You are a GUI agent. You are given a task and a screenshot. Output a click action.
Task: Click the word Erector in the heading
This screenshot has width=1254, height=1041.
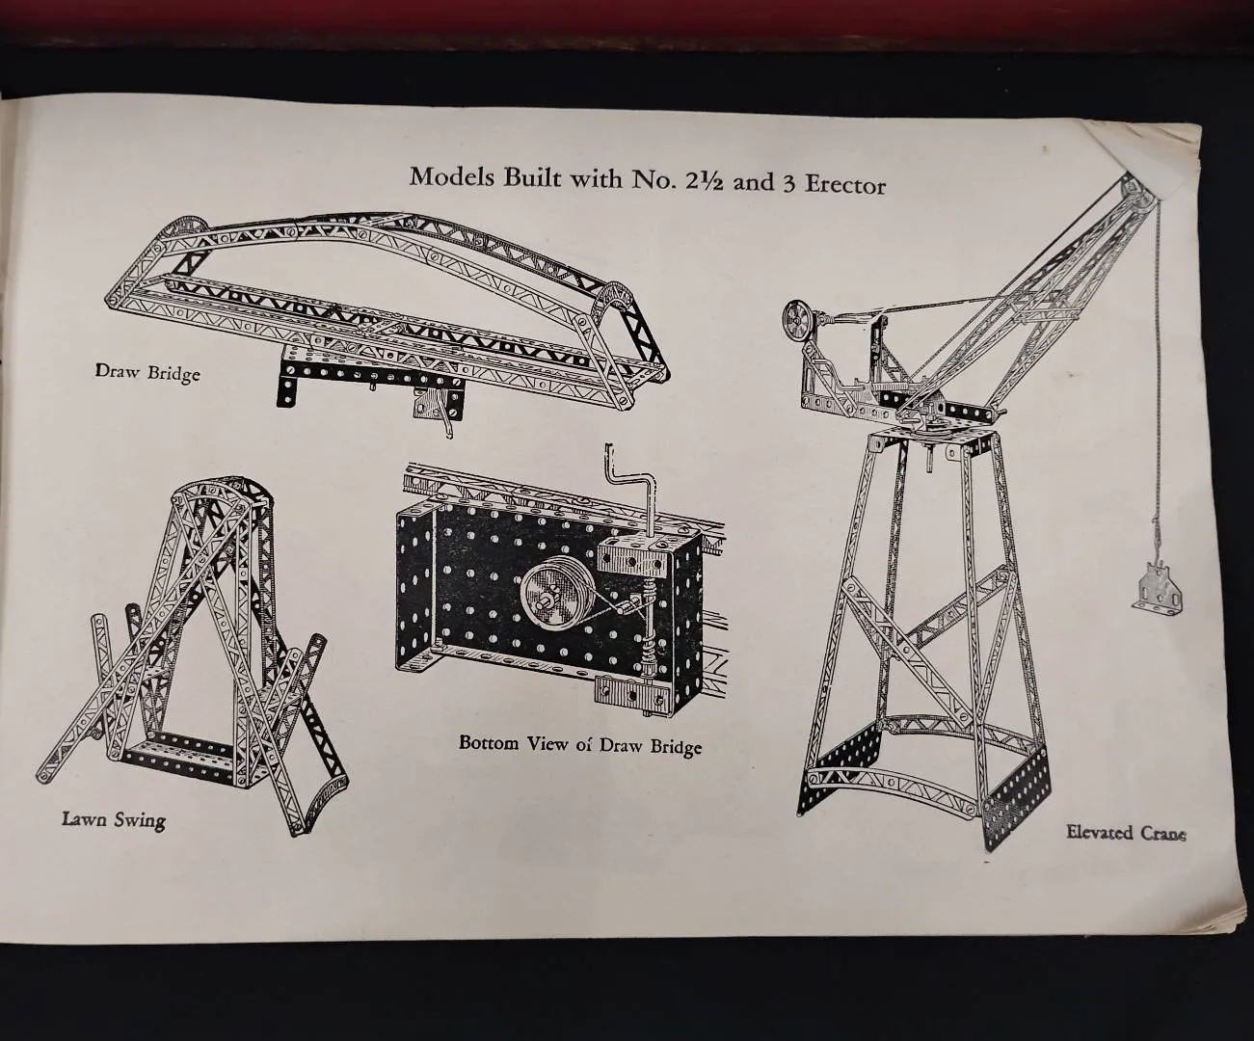point(845,184)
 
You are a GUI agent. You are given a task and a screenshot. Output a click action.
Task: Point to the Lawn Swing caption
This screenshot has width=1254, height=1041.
point(114,819)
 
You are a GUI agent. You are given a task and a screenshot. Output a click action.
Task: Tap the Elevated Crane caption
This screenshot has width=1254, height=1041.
point(1126,833)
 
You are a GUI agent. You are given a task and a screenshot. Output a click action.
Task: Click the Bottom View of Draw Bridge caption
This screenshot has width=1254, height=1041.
point(580,745)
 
